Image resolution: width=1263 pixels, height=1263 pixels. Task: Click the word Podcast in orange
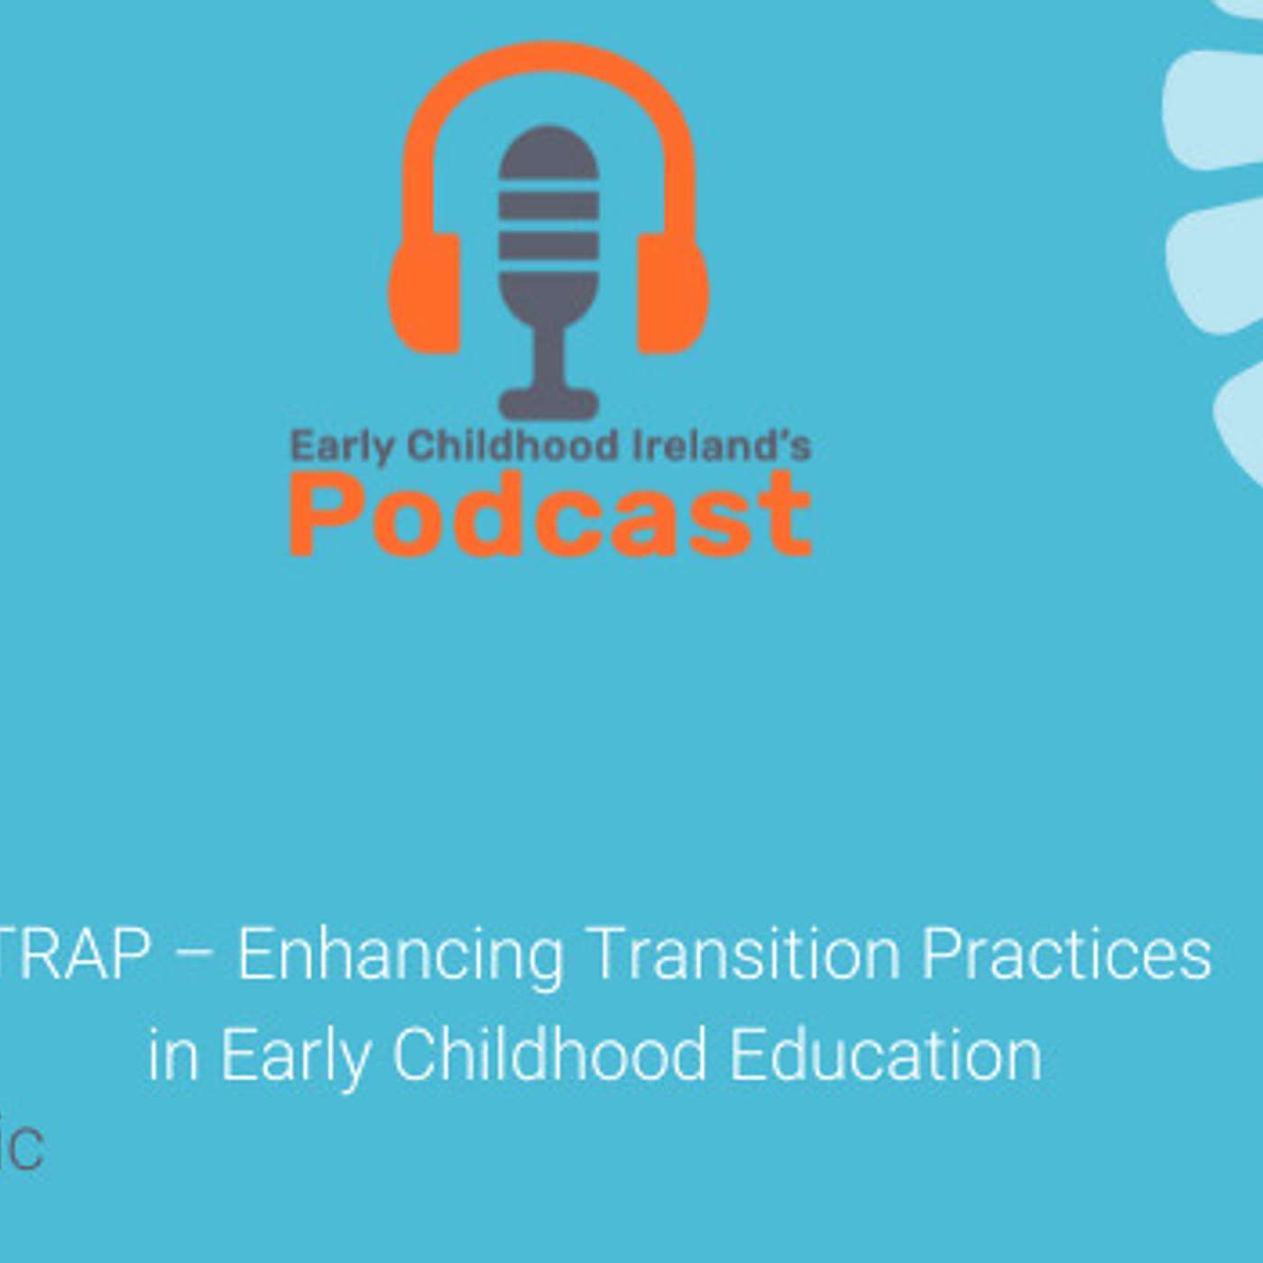coord(550,513)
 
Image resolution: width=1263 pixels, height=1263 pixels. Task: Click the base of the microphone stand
coord(549,402)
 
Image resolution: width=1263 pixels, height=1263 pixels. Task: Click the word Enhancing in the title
coord(400,954)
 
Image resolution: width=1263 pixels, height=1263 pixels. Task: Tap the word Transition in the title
coord(742,954)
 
